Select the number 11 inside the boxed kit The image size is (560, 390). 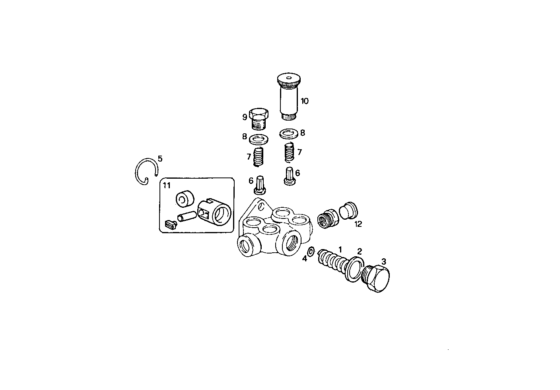coord(166,185)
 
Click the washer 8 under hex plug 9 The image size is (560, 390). coord(258,139)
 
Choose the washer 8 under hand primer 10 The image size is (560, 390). coord(289,134)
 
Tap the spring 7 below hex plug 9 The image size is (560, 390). coord(259,156)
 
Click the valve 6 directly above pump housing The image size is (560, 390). coord(260,185)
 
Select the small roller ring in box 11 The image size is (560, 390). coord(184,199)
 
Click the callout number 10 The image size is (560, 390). coord(304,101)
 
